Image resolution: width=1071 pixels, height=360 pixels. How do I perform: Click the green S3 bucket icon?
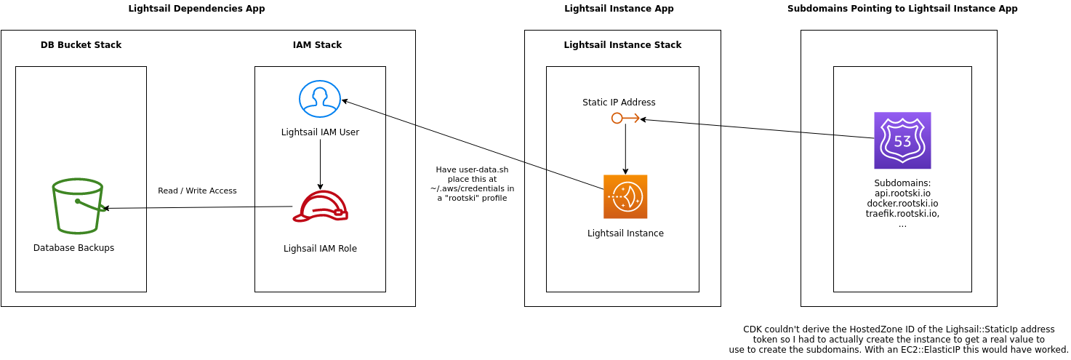[77, 206]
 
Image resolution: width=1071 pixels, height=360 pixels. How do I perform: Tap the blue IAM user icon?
[320, 99]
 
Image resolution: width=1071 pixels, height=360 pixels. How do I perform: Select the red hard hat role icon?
[320, 206]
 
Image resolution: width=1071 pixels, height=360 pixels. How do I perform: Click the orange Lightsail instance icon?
[625, 196]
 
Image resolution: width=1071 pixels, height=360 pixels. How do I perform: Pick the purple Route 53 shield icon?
[902, 140]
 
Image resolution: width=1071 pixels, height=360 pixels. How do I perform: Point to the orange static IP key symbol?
[625, 118]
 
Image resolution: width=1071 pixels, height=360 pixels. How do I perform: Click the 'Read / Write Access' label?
[197, 191]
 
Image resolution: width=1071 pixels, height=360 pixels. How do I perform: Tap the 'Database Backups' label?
[73, 248]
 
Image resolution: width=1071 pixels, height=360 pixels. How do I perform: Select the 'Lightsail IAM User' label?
[320, 132]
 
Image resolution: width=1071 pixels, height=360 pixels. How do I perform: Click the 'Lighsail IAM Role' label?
[320, 249]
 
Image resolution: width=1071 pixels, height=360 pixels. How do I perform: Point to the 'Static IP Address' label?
[619, 103]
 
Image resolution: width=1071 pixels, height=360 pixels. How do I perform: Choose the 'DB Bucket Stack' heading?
[81, 45]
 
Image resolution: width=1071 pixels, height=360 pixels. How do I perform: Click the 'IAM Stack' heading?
[317, 45]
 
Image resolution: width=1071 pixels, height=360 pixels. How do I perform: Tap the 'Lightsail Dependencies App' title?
[196, 9]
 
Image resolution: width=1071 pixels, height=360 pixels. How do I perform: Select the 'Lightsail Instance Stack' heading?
[622, 45]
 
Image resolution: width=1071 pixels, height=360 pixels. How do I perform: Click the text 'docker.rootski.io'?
[902, 204]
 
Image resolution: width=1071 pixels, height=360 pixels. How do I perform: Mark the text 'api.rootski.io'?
[902, 193]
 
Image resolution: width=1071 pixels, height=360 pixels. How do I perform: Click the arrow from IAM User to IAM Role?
[320, 164]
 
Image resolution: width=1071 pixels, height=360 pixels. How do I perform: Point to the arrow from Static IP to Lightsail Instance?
[625, 149]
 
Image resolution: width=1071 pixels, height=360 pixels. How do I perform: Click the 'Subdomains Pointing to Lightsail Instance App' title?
[902, 9]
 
